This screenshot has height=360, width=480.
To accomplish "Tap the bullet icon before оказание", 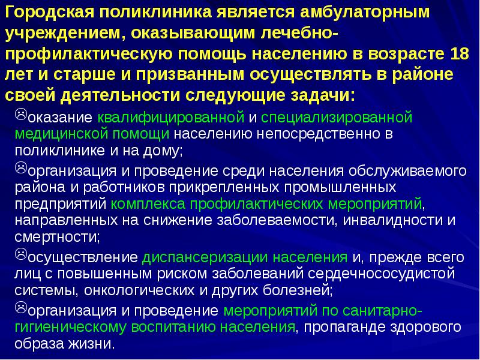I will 20,113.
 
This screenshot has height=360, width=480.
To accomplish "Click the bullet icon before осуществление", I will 20,256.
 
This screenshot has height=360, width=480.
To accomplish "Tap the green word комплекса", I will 142,203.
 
